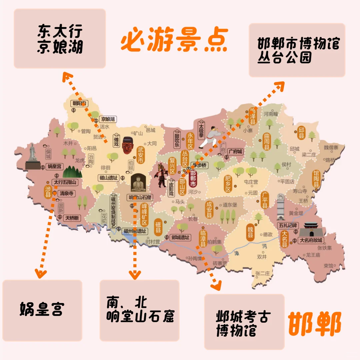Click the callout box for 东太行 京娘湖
(x=60, y=39)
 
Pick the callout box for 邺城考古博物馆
(x=244, y=322)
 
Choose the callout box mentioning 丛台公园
(x=297, y=50)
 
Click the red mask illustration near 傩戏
(x=127, y=145)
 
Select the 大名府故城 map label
(x=311, y=240)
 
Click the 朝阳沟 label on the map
(x=80, y=103)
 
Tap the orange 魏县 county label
(x=250, y=232)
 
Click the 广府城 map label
(x=235, y=152)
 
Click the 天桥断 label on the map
(x=72, y=218)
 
